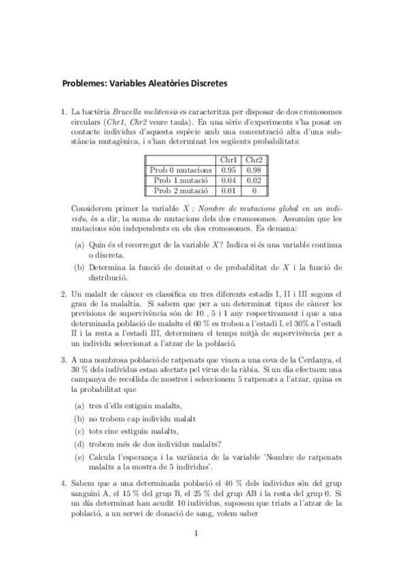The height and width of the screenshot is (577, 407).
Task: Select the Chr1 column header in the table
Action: (229, 160)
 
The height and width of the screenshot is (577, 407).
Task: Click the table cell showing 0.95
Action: (229, 170)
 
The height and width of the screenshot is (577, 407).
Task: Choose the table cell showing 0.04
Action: (229, 180)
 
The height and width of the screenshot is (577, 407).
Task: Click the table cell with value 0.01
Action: (229, 191)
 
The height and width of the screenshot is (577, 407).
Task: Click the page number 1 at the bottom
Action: (195, 533)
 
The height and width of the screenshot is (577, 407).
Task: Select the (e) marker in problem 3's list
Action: (79, 457)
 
